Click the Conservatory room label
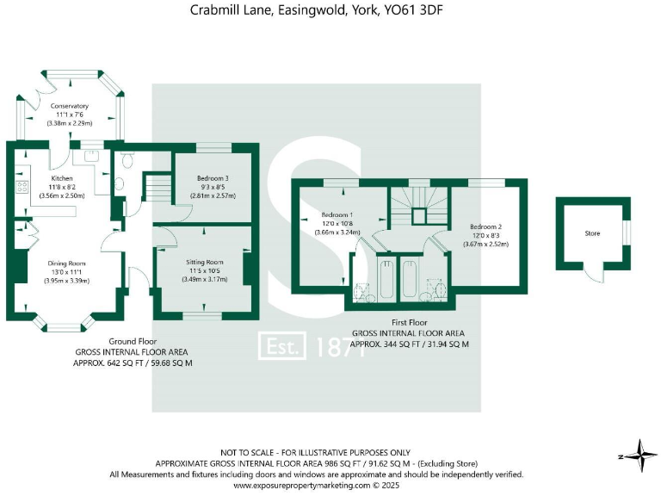[70, 106]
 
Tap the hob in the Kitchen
[18, 185]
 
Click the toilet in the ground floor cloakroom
[127, 159]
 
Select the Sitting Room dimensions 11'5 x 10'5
[205, 270]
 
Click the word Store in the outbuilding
[591, 232]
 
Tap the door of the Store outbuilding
[593, 272]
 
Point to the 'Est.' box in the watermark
[283, 347]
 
